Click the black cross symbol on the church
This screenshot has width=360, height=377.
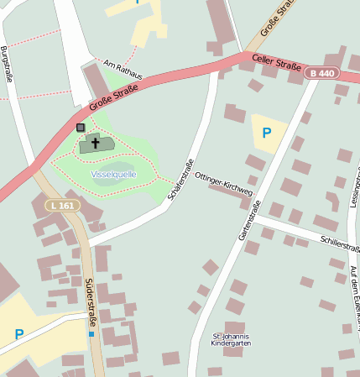click(x=95, y=144)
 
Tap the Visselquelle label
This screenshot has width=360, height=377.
click(x=112, y=174)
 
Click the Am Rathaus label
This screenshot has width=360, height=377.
click(x=123, y=70)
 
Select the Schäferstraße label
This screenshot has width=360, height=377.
click(x=182, y=179)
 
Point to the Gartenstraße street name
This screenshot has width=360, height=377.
click(x=249, y=220)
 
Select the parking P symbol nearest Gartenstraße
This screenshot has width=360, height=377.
click(x=267, y=132)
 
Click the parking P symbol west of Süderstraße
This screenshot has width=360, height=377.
click(x=18, y=334)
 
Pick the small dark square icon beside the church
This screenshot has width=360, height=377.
click(x=81, y=128)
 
